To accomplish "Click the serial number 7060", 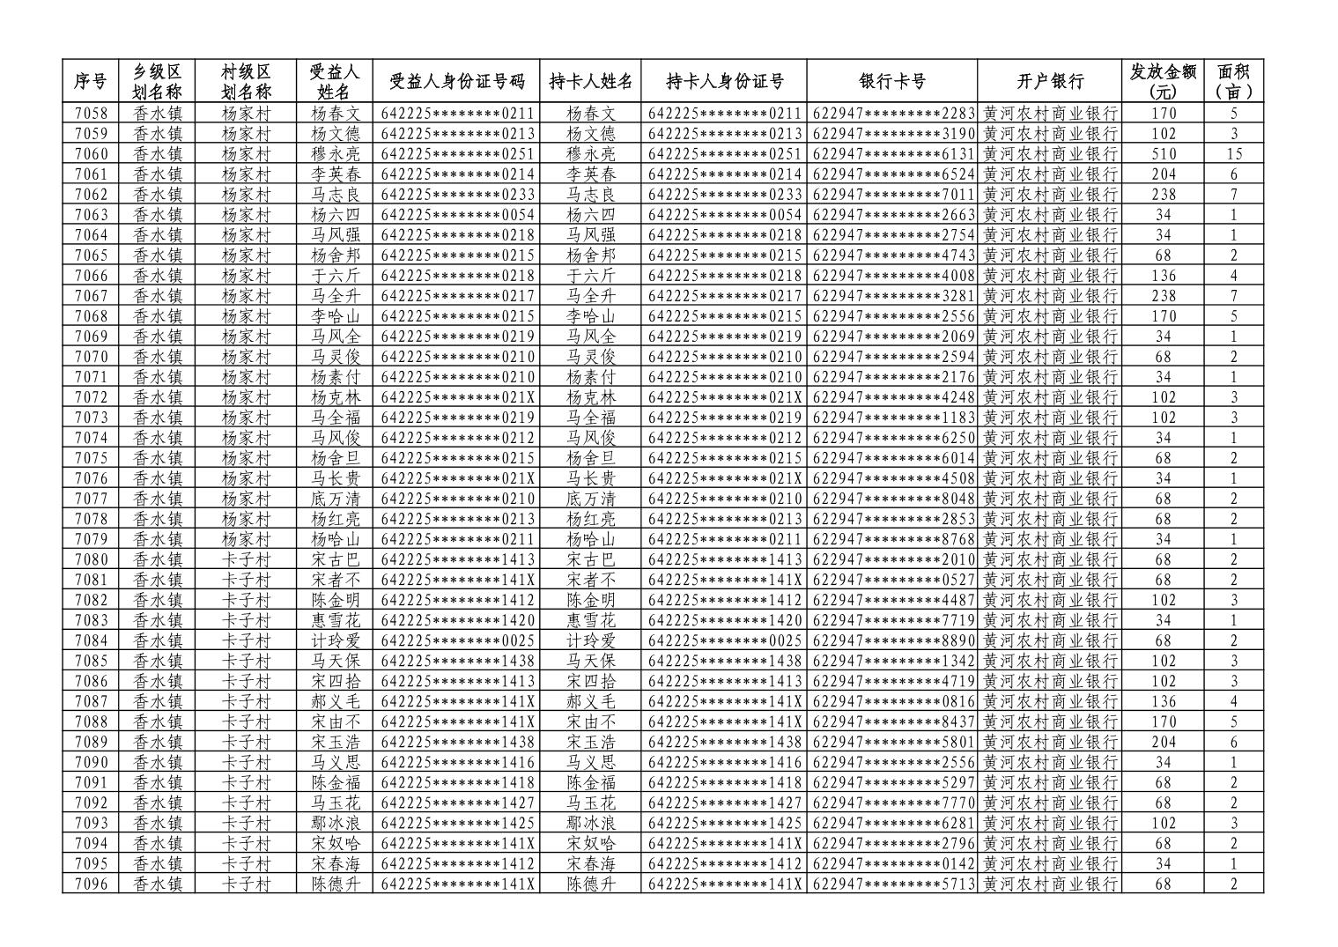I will [x=91, y=154].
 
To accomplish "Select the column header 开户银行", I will [x=1049, y=82].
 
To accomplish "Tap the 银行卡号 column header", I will [x=891, y=82].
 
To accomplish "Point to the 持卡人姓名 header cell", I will [x=591, y=82].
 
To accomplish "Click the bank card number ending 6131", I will [x=891, y=154].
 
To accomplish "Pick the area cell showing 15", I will [x=1233, y=154].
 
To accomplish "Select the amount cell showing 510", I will [x=1163, y=154].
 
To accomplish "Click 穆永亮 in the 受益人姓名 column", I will [x=336, y=154].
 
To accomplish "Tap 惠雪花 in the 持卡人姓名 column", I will [x=591, y=620].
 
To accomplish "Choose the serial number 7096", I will [x=91, y=884].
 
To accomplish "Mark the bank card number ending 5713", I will [x=891, y=884].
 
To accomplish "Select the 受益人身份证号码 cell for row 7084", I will [x=458, y=640].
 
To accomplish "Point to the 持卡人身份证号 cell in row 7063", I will [x=724, y=215].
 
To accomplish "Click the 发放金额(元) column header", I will [x=1163, y=82].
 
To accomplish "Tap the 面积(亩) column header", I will [x=1233, y=82].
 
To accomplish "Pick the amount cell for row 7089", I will [x=1163, y=742].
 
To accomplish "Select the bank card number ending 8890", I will [x=891, y=640].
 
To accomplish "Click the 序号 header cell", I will [x=91, y=82].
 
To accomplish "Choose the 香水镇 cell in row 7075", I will [x=158, y=458].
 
